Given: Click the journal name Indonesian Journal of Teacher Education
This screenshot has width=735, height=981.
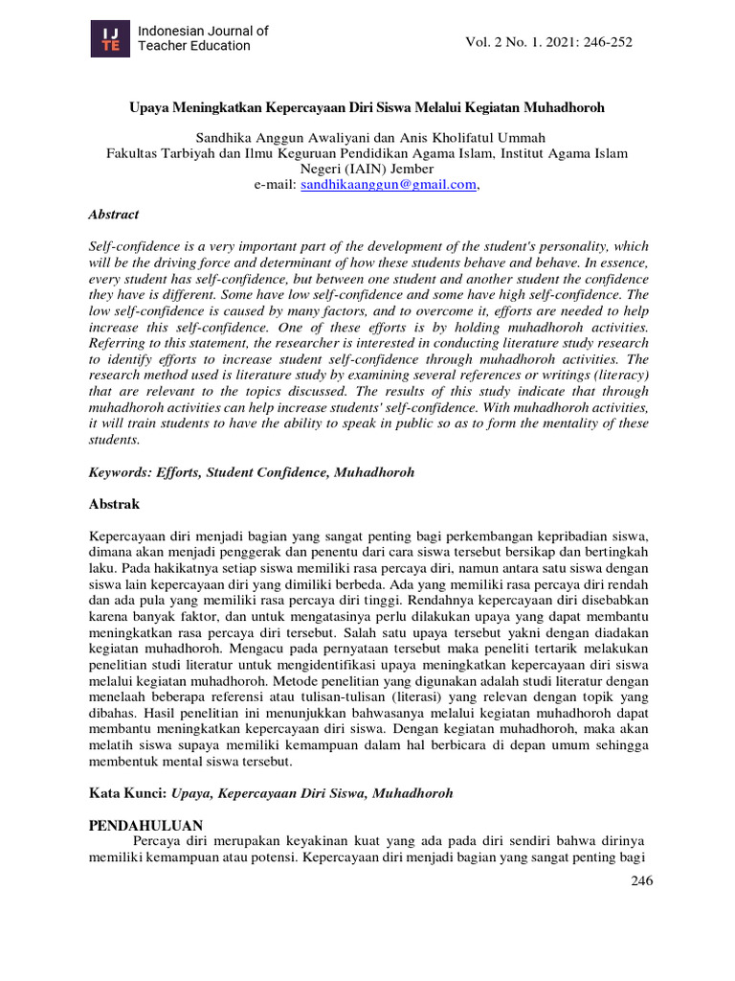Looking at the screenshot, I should click(x=203, y=38).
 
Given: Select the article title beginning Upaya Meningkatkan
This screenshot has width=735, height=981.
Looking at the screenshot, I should click(x=367, y=108).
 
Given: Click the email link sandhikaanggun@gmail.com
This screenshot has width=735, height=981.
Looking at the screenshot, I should click(x=388, y=185).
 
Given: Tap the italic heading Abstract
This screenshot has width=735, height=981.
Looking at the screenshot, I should click(x=113, y=215).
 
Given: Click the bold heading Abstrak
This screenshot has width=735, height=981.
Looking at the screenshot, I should click(x=114, y=504).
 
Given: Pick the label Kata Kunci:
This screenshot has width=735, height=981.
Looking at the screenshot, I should click(x=127, y=793).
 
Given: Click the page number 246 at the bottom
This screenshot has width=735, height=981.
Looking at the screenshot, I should click(x=640, y=881).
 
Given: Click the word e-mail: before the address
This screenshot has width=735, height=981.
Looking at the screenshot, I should click(x=275, y=185).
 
